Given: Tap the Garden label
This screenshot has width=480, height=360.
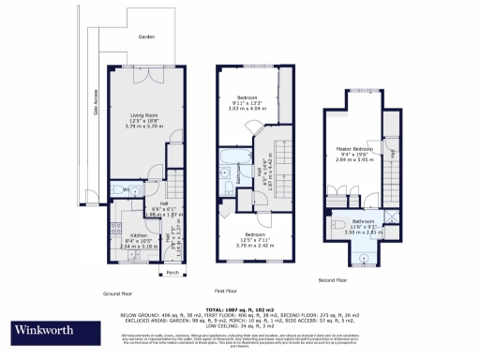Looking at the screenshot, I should [145, 37].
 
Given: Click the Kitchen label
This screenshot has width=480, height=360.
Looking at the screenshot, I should [138, 235].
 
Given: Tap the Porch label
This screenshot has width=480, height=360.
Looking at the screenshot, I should [172, 273].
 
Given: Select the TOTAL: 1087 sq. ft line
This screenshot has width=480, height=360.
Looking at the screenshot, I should [240, 307].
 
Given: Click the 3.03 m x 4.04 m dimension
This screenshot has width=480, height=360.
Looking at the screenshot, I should [247, 108].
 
